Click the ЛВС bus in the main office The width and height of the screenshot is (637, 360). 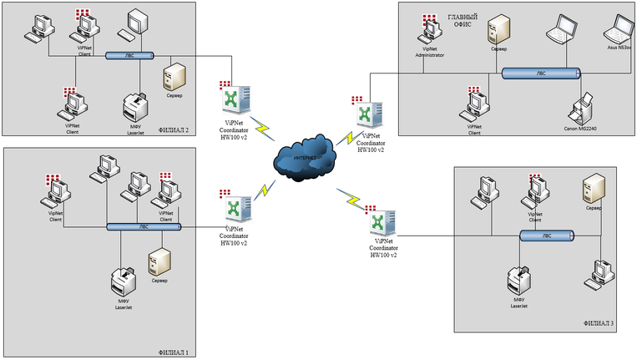tap(542, 73)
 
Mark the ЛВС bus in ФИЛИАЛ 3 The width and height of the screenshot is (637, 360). tap(547, 236)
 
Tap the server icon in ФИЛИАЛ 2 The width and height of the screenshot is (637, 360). tap(174, 76)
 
